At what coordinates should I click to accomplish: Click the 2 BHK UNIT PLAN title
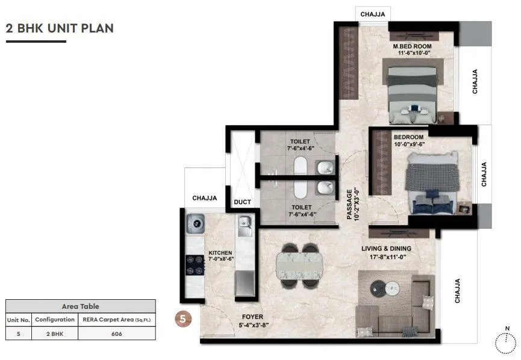(x=60, y=28)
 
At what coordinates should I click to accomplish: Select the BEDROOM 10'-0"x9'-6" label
(x=408, y=141)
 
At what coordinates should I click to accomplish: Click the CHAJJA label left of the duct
(x=204, y=197)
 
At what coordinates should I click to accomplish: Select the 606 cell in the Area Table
(x=117, y=333)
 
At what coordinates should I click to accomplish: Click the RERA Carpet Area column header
(x=117, y=319)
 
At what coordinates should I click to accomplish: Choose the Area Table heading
(x=80, y=306)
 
